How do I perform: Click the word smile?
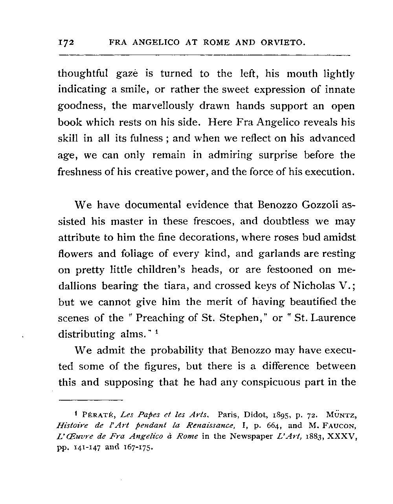click(134, 90)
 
